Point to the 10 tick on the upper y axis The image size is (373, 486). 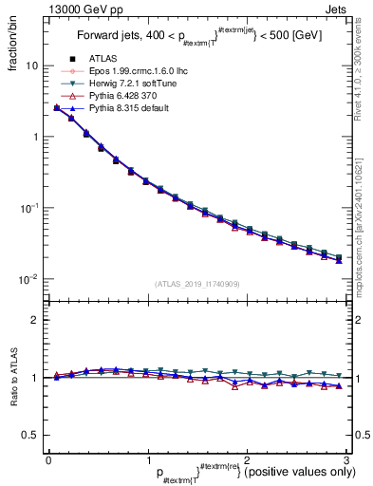(31, 66)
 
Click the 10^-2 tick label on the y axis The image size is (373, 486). (28, 279)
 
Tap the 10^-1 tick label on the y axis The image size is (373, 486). (28, 208)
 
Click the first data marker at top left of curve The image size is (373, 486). (57, 108)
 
